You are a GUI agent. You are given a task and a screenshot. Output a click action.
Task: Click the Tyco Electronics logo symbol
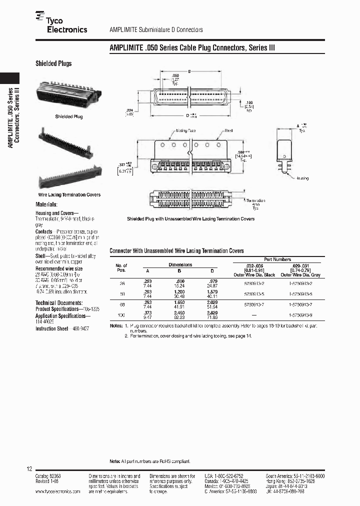(40, 17)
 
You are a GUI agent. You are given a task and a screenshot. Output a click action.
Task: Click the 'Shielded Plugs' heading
(53, 63)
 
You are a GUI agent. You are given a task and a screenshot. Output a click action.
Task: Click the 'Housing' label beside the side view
(302, 178)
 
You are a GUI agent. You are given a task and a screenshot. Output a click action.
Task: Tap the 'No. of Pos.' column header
(121, 267)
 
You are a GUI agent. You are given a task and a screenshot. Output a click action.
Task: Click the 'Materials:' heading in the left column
(46, 204)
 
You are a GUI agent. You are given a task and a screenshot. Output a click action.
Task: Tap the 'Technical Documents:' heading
(59, 303)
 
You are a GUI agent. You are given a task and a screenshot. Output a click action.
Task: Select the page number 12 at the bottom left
(29, 469)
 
